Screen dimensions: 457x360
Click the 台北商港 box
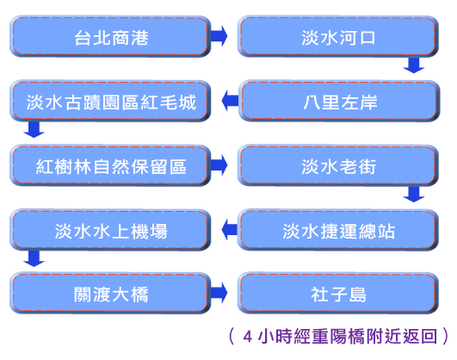pos(110,36)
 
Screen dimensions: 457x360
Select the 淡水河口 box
pos(338,36)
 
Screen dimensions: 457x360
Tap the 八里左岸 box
pos(339,101)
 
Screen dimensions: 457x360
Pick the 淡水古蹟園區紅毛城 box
pos(110,101)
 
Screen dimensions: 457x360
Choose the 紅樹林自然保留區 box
pos(110,165)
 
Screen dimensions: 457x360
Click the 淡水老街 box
pos(338,165)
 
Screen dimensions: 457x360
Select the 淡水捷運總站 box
pos(338,230)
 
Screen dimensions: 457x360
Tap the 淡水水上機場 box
pos(110,230)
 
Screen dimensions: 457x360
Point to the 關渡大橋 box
pos(110,293)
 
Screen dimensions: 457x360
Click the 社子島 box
pos(338,293)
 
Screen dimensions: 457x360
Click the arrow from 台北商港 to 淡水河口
pos(219,36)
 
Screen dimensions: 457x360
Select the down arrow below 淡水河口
pos(414,65)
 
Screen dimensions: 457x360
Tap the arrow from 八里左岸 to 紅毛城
pos(230,101)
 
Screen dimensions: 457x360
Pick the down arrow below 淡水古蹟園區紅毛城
pos(34,129)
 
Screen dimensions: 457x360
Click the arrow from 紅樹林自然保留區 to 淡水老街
pos(219,164)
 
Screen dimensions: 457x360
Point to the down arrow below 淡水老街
pos(414,194)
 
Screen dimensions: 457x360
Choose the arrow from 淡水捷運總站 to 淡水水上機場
pos(230,230)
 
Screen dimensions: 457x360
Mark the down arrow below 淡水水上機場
pos(34,258)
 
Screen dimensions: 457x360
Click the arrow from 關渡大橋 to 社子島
pos(219,293)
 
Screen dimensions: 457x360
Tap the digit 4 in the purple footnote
pos(248,337)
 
